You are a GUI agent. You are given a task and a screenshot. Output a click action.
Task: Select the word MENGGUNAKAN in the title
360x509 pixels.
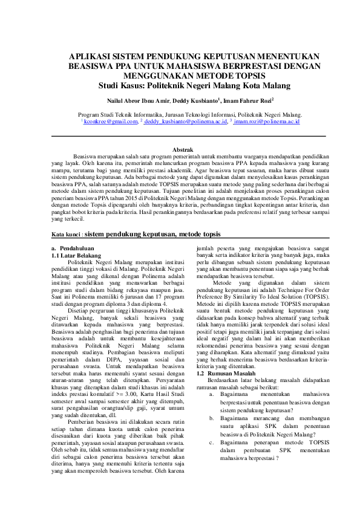tap(175, 76)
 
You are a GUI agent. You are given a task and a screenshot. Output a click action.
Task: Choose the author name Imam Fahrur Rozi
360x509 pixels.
tap(248, 100)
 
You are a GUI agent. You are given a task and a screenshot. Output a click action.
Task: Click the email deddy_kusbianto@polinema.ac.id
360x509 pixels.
tap(185, 122)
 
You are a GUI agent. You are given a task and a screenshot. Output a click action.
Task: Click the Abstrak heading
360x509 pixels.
tap(183, 149)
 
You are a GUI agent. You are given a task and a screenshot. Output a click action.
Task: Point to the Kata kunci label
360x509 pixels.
tap(66, 233)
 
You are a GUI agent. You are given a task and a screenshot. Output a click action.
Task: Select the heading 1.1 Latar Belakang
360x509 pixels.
tap(76, 255)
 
